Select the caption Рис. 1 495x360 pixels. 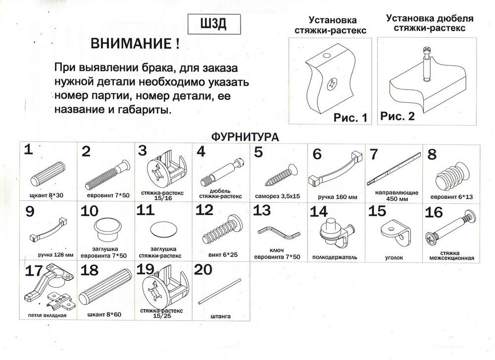(x=351, y=118)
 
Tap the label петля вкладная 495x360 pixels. (x=48, y=315)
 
